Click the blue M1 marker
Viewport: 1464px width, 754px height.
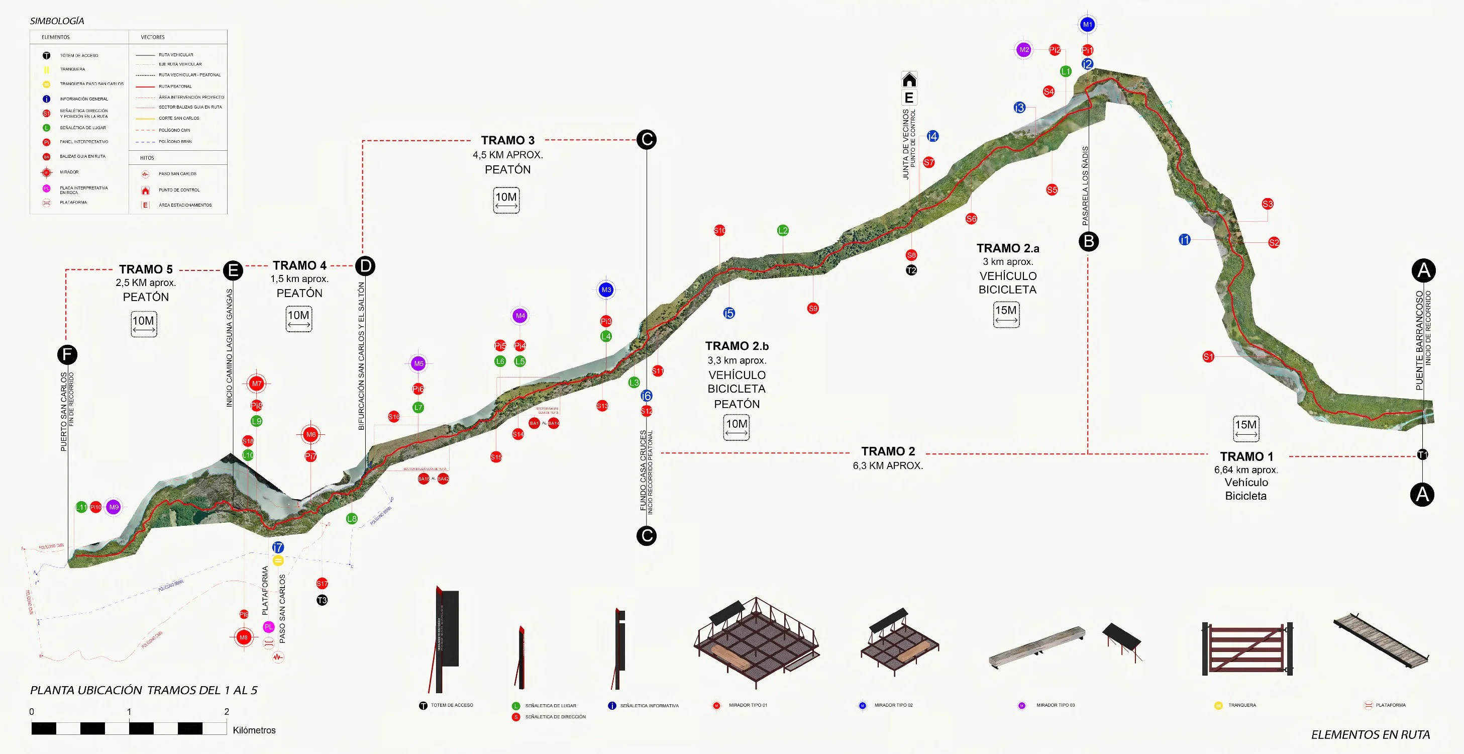(1087, 25)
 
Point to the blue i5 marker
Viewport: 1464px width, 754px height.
(728, 313)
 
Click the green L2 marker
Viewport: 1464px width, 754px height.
(783, 230)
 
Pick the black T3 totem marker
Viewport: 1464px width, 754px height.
(322, 600)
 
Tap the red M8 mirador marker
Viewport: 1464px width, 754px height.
(243, 637)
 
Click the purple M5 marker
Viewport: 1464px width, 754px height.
(419, 363)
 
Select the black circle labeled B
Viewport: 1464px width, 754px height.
(1088, 242)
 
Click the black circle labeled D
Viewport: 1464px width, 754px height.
(365, 265)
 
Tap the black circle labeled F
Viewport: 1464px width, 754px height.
(67, 355)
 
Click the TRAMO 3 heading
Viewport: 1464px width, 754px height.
(507, 140)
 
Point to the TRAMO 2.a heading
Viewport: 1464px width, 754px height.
(1008, 248)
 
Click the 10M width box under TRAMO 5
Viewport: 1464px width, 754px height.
(144, 324)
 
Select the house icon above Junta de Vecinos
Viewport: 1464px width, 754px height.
(909, 79)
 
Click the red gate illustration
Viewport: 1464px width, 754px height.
(1247, 648)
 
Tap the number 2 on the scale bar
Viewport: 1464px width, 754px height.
(227, 711)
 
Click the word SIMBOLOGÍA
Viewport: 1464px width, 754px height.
(57, 21)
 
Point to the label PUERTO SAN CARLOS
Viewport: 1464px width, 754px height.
(64, 412)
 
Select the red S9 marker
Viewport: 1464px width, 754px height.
(813, 308)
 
